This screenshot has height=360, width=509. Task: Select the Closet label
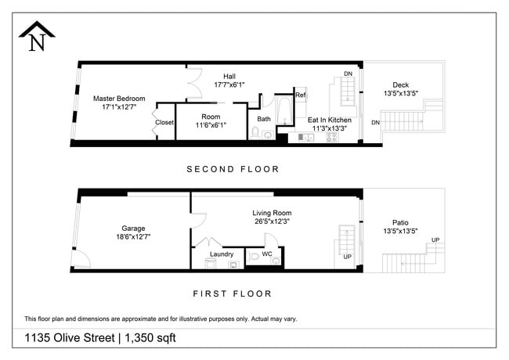click(164, 122)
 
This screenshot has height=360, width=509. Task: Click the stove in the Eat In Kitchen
click(331, 138)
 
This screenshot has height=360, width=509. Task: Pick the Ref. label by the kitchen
click(301, 95)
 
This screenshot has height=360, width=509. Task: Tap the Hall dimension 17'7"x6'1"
click(229, 84)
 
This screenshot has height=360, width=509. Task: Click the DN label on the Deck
click(376, 123)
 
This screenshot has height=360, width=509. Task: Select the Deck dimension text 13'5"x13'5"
click(400, 94)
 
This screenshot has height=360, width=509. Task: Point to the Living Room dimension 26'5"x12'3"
click(272, 221)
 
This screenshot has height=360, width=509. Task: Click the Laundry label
click(222, 254)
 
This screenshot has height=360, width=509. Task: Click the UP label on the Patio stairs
click(435, 239)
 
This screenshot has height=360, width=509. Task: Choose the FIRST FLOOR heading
click(232, 294)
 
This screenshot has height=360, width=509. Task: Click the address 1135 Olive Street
click(67, 338)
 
